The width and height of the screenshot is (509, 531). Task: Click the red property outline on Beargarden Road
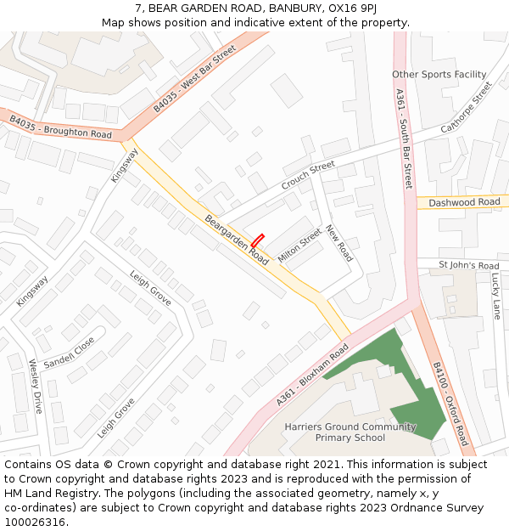pos(258,240)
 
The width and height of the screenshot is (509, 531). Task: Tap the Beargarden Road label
pos(237,240)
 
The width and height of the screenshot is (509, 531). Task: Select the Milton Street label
pos(299,246)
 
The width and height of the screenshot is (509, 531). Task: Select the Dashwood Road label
pos(464,202)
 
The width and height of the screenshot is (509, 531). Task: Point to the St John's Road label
pos(468,266)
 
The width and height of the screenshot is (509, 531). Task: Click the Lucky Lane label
pos(496,296)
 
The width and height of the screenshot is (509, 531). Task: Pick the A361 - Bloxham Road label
pos(312,376)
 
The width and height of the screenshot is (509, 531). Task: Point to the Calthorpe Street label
pos(466,108)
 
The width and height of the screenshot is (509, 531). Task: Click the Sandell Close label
pos(70,352)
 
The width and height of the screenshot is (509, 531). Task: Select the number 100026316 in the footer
pos(36,522)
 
